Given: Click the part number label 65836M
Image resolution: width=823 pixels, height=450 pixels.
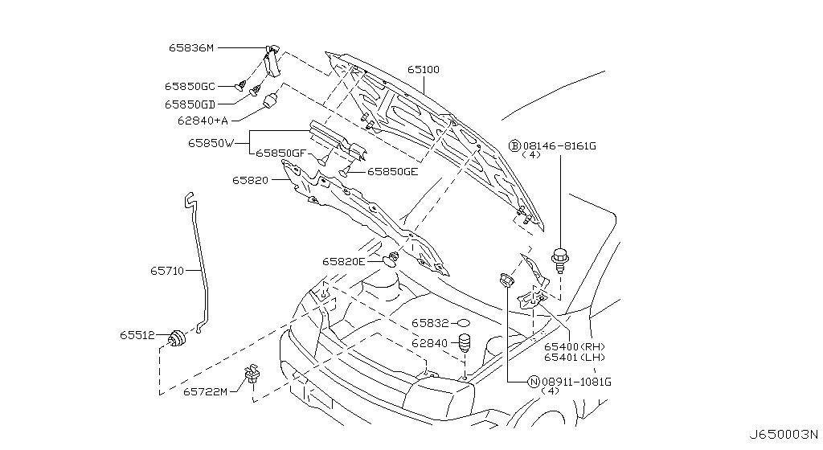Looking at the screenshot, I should click(x=190, y=48).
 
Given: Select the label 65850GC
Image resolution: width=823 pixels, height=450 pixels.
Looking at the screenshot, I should click(x=190, y=85).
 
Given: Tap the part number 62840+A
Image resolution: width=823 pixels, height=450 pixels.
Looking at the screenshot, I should click(x=203, y=121).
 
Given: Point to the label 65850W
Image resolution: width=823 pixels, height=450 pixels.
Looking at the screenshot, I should click(x=211, y=143).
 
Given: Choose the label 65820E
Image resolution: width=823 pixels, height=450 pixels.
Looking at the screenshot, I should click(x=344, y=261).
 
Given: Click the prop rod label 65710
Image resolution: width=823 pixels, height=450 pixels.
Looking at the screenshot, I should click(x=167, y=272).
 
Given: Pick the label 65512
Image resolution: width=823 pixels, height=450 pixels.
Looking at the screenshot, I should click(x=137, y=335).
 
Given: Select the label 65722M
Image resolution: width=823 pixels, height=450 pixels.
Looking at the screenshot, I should click(x=205, y=391).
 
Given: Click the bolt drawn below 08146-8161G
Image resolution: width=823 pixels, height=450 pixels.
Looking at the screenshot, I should click(x=559, y=261).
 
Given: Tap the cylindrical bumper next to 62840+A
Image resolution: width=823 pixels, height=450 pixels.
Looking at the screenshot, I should click(x=270, y=104).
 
